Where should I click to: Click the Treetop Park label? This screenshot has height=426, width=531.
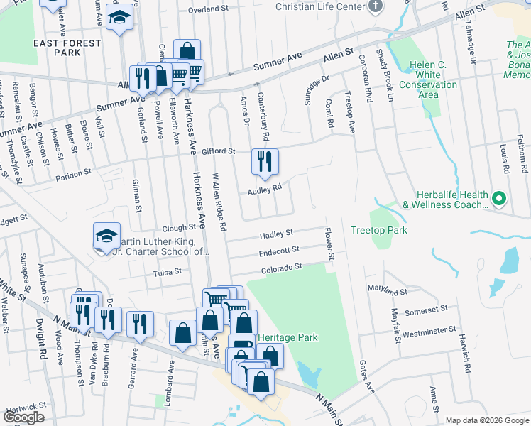coord(378,231)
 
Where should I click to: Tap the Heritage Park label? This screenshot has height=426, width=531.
coord(288,338)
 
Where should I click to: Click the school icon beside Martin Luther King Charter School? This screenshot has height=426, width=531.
coord(106,237)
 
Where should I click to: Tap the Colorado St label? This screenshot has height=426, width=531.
coord(281,267)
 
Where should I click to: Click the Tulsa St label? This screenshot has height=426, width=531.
coord(168,271)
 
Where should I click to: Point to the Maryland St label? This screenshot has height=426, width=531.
coord(387,290)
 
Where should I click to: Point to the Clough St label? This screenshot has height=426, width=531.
coord(178,228)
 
